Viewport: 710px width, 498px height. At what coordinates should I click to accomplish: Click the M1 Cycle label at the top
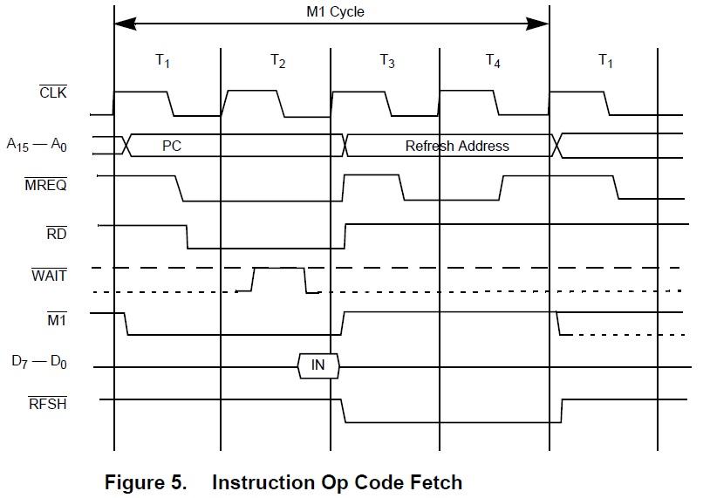335,12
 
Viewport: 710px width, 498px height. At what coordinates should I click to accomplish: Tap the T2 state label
277,61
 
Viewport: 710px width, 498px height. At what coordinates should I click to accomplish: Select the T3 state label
387,61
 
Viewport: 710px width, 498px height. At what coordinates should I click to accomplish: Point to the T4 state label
493,61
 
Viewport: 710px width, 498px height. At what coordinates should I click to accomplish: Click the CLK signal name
53,91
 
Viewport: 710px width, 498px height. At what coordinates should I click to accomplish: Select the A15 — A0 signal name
38,145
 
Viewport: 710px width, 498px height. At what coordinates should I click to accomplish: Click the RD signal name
57,234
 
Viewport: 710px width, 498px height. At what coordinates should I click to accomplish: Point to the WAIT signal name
49,276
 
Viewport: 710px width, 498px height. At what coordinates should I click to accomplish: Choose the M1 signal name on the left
57,320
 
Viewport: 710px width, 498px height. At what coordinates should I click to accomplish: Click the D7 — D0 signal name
39,361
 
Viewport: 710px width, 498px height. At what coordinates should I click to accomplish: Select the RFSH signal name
48,403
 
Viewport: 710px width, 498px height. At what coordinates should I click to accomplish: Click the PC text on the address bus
172,146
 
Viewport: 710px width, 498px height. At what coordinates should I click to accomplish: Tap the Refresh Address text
457,146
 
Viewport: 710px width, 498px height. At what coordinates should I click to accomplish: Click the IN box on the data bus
317,365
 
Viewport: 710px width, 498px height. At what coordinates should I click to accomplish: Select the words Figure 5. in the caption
146,482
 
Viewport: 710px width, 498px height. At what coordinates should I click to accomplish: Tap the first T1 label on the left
163,61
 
